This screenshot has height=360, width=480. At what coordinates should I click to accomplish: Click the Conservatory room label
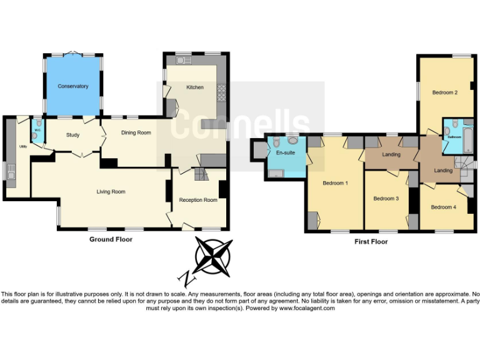click(x=73, y=86)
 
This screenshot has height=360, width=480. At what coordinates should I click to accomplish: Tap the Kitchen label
click(x=195, y=87)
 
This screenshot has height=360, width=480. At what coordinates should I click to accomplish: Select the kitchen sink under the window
click(x=182, y=61)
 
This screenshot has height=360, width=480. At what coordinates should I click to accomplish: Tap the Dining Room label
click(x=136, y=132)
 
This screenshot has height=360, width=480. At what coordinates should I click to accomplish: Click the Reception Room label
click(x=198, y=200)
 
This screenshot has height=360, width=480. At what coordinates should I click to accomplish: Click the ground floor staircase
click(x=199, y=172)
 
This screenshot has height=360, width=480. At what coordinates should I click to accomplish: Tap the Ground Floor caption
click(x=111, y=239)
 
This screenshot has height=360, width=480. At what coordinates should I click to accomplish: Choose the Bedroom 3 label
click(x=386, y=199)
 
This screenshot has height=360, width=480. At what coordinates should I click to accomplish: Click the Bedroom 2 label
click(x=445, y=92)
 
